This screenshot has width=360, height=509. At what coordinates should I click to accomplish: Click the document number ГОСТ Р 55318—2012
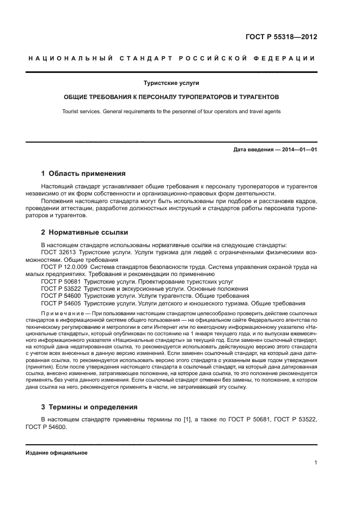pyautogui.click(x=281, y=38)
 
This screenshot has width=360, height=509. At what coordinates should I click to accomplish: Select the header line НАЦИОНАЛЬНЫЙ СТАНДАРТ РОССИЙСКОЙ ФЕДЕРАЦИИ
pyautogui.click(x=171, y=59)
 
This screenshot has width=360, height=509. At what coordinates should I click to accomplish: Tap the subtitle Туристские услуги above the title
pyautogui.click(x=171, y=83)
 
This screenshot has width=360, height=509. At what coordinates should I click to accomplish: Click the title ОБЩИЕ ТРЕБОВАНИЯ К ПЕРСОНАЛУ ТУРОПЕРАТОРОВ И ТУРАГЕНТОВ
pyautogui.click(x=171, y=97)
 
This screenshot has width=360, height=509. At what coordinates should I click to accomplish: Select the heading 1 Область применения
pyautogui.click(x=83, y=174)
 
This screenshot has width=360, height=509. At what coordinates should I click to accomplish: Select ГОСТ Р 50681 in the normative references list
pyautogui.click(x=62, y=281)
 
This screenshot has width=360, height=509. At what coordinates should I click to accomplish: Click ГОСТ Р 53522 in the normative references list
pyautogui.click(x=62, y=289)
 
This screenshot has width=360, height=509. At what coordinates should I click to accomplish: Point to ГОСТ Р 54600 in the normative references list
pyautogui.click(x=62, y=296)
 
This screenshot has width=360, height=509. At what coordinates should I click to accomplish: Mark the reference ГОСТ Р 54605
pyautogui.click(x=62, y=303)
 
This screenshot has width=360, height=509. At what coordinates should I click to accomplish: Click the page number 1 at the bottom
pyautogui.click(x=315, y=463)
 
